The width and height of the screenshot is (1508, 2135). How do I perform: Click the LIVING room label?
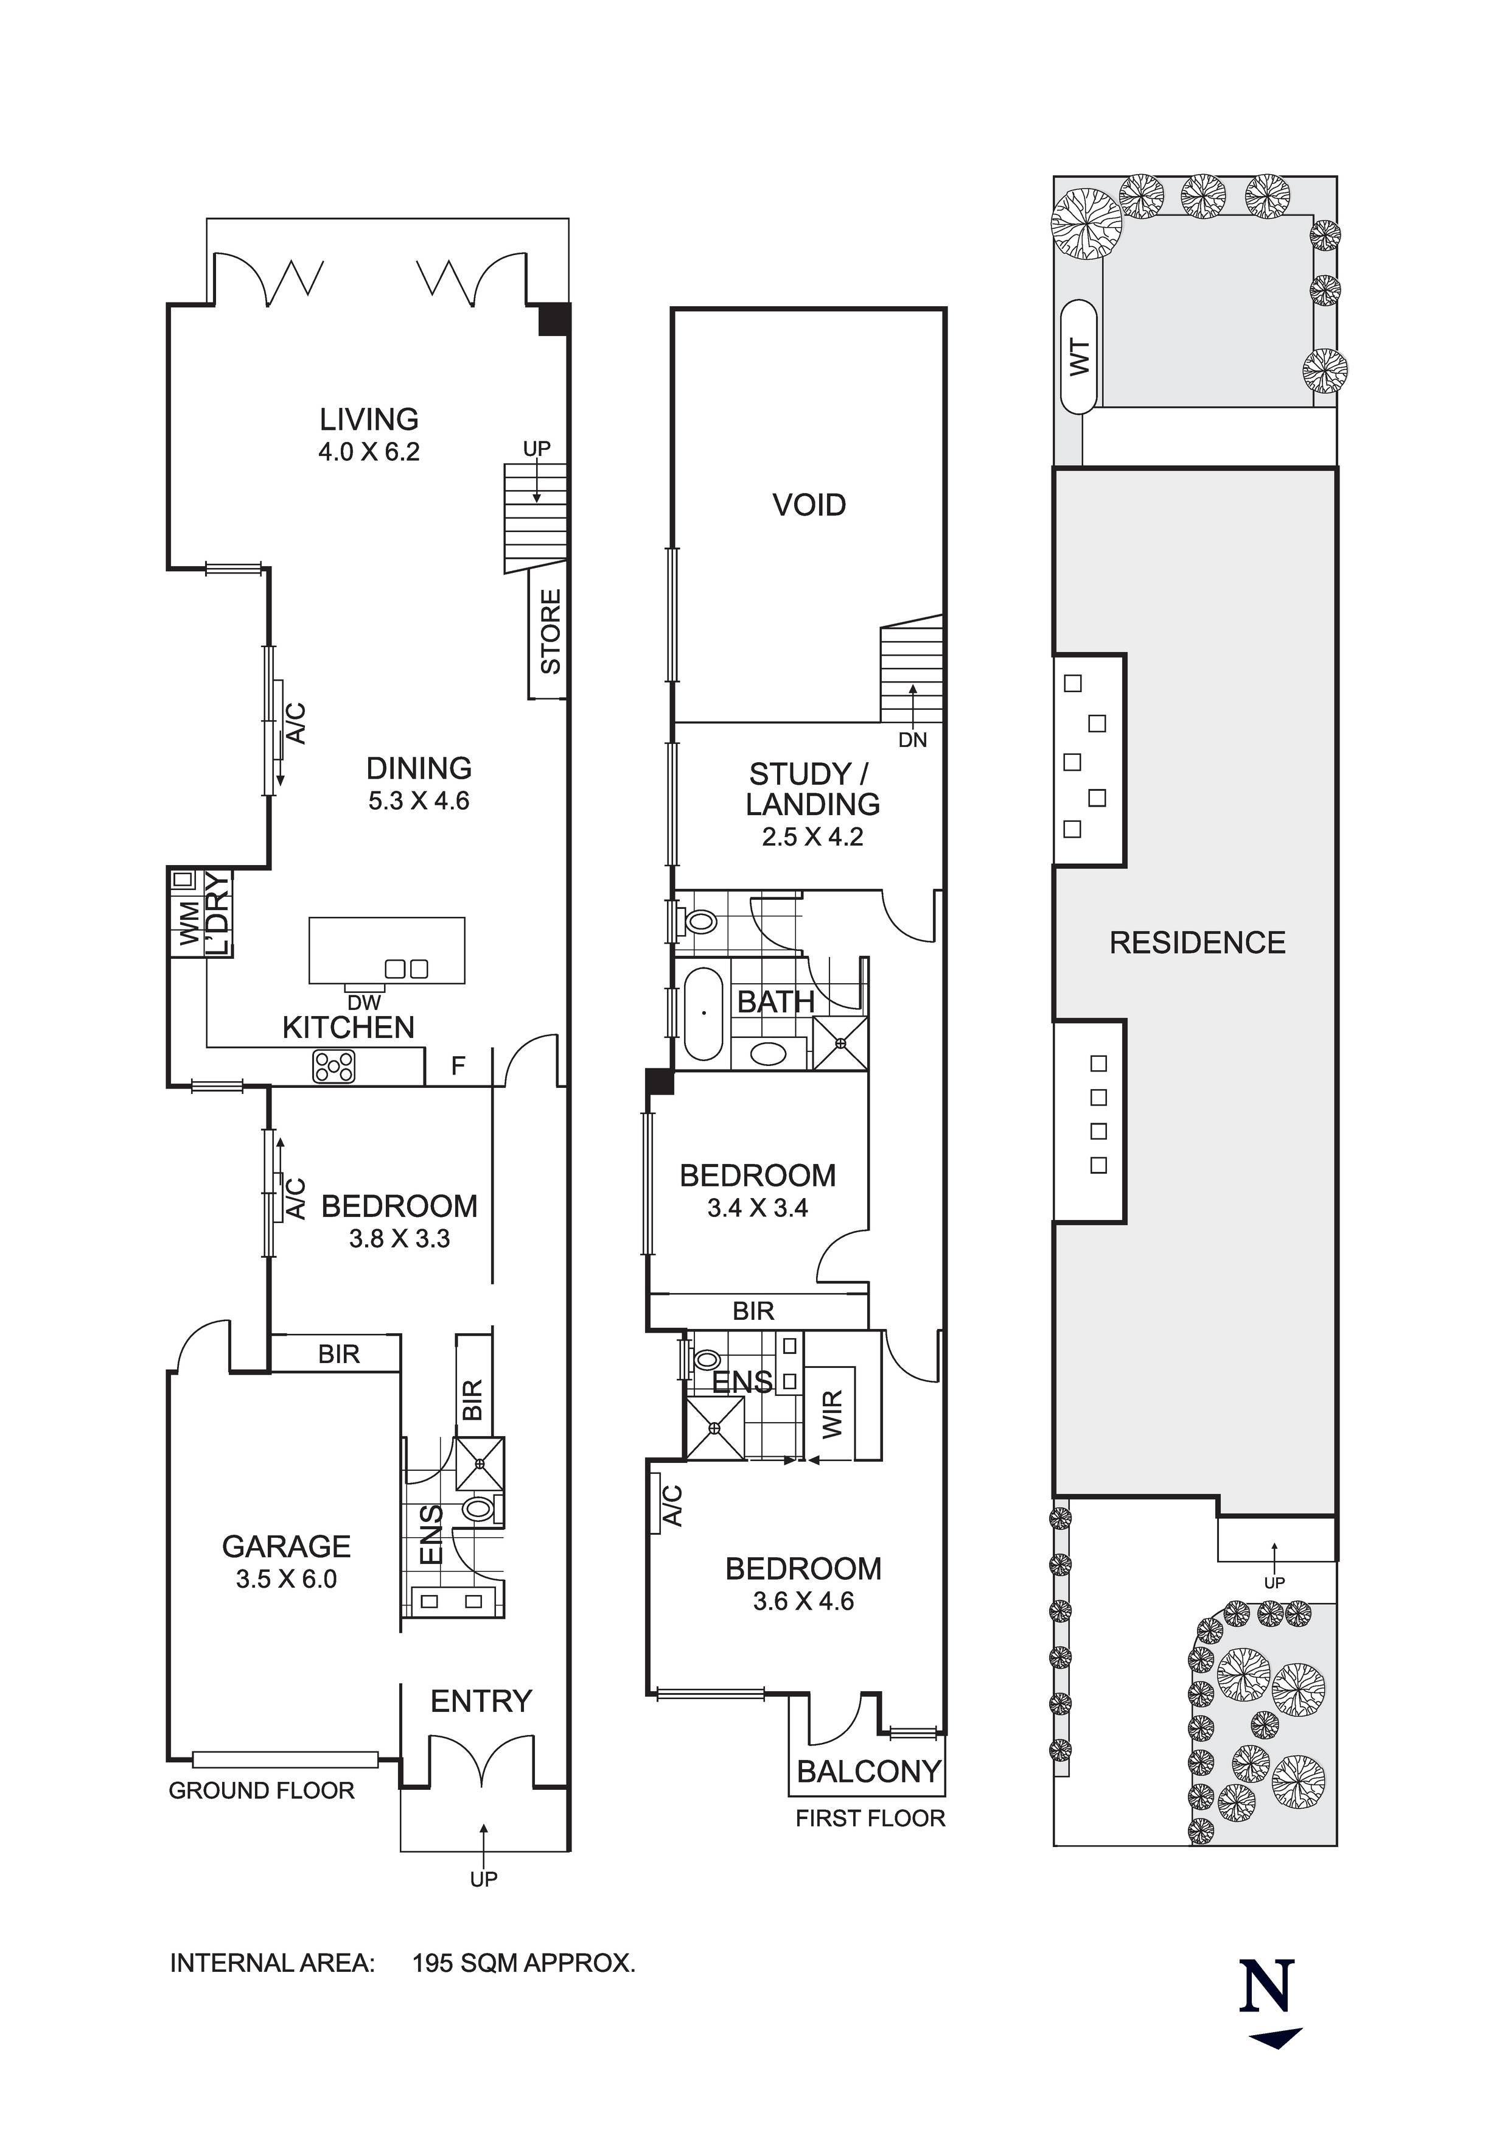[369, 419]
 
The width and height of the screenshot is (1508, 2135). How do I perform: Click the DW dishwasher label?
[365, 1003]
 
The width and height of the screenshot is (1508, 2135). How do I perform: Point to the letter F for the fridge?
[458, 1065]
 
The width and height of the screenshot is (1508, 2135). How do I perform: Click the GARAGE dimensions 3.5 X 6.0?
[287, 1579]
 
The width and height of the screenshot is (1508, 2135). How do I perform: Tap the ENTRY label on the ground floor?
[481, 1702]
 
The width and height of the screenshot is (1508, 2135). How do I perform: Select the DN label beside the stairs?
[912, 740]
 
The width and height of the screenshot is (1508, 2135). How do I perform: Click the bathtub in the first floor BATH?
[704, 1014]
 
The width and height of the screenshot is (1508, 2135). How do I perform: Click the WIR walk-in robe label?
[833, 1414]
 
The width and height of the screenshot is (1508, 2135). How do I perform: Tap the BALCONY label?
[868, 1772]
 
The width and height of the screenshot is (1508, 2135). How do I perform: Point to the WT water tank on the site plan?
[1078, 357]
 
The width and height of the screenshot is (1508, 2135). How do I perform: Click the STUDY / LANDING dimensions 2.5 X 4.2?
[812, 837]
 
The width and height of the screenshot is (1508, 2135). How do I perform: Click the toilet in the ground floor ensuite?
[478, 1509]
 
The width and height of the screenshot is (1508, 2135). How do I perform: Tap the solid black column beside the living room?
[555, 320]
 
